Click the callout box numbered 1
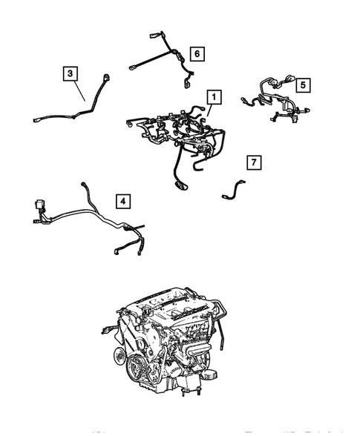coord(213,97)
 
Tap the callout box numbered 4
coord(121,199)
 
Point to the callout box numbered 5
coord(303,85)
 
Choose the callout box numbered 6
coord(197,53)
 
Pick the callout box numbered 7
coord(253,162)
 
